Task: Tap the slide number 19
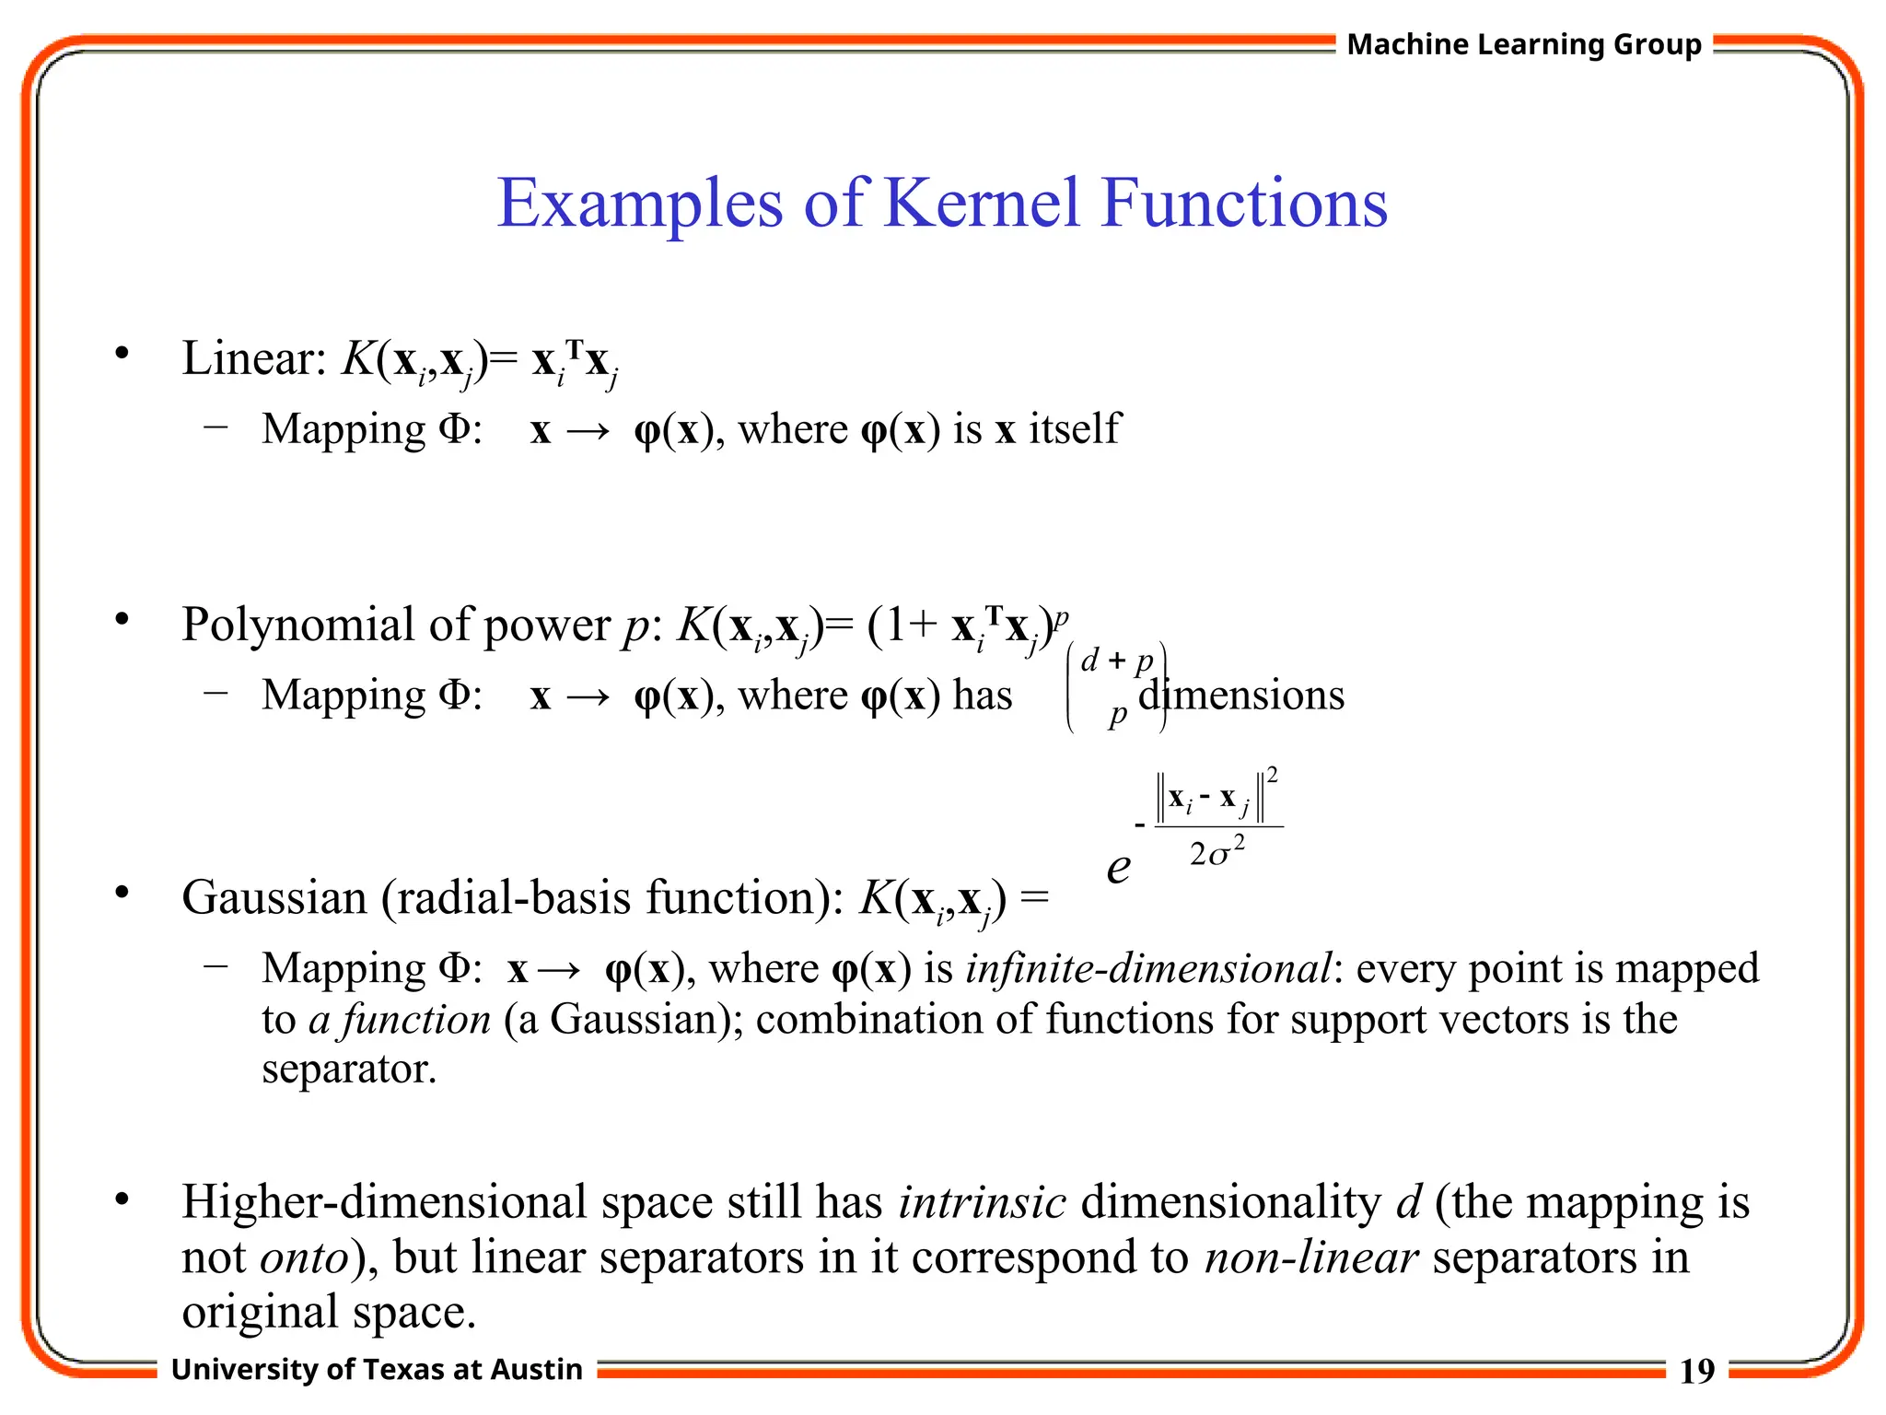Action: pyautogui.click(x=1696, y=1372)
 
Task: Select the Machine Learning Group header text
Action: pyautogui.click(x=1523, y=44)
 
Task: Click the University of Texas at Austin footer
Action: pyautogui.click(x=377, y=1370)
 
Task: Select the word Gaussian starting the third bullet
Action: pyautogui.click(x=274, y=897)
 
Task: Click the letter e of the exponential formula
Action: pyautogui.click(x=1118, y=867)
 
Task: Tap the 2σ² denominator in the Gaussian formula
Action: pyautogui.click(x=1217, y=852)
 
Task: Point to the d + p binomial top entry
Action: pyautogui.click(x=1117, y=661)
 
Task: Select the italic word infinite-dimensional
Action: pyautogui.click(x=1147, y=968)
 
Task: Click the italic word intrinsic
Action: pyautogui.click(x=982, y=1202)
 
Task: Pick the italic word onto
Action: pyautogui.click(x=305, y=1257)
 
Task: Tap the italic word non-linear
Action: pyautogui.click(x=1310, y=1257)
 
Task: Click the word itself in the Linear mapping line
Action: pyautogui.click(x=1074, y=429)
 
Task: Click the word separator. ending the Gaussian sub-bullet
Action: pyautogui.click(x=348, y=1070)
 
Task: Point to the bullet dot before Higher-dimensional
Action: pyautogui.click(x=122, y=1200)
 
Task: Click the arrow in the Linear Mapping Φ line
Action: pyautogui.click(x=588, y=431)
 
